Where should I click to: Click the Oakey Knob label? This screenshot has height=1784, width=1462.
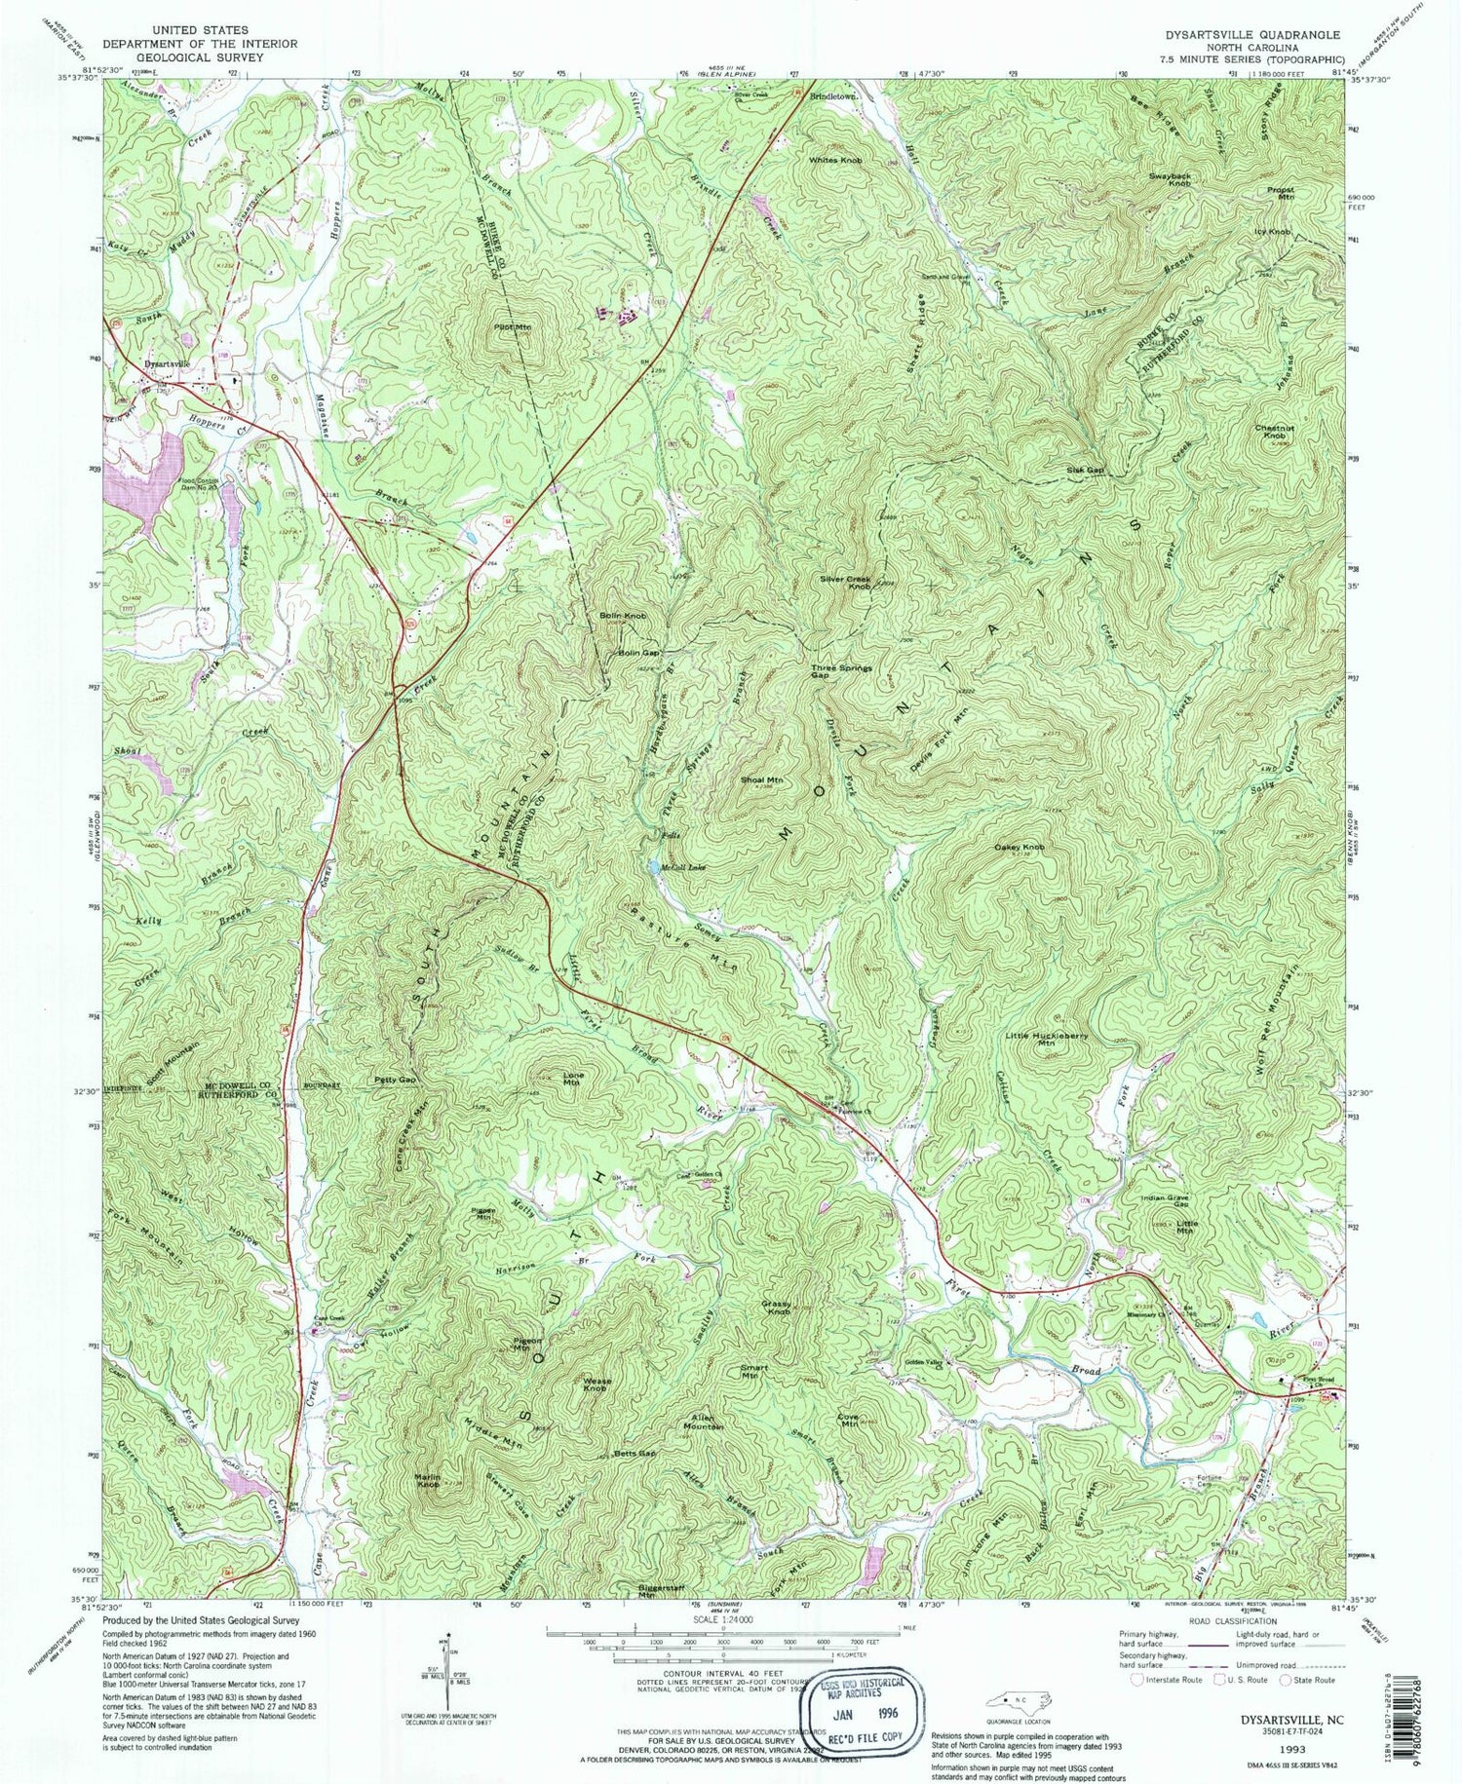[x=1020, y=848]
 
